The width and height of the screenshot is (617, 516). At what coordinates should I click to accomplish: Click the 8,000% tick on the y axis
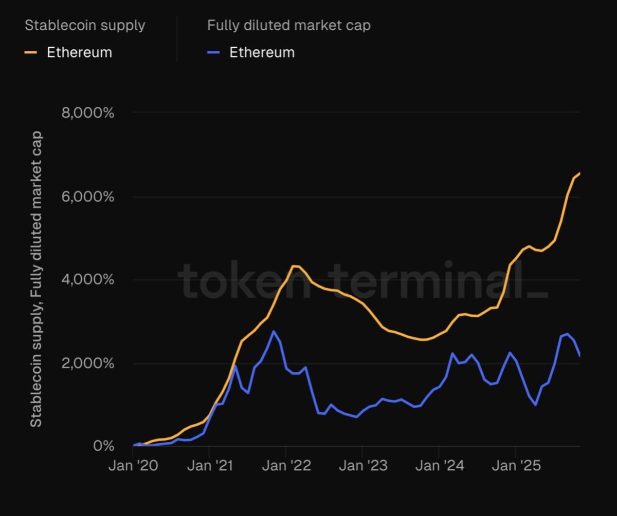click(87, 112)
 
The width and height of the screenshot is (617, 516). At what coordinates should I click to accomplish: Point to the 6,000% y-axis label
click(87, 197)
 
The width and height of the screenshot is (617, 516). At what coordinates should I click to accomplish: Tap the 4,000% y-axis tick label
click(87, 280)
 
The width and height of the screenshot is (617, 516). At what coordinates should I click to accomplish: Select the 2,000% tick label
click(87, 364)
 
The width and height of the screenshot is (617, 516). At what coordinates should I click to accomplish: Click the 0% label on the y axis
click(103, 446)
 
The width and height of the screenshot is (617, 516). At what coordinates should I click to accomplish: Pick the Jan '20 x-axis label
click(133, 466)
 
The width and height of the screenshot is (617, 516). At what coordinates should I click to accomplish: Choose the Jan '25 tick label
click(515, 466)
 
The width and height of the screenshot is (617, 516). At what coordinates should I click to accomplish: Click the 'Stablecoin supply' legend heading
click(85, 25)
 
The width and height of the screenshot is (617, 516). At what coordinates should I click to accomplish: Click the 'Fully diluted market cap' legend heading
click(288, 25)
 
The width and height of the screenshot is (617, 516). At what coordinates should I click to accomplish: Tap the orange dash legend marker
click(31, 52)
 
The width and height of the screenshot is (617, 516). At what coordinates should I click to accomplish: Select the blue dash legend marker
click(213, 52)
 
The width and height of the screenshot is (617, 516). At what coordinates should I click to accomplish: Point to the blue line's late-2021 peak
click(273, 331)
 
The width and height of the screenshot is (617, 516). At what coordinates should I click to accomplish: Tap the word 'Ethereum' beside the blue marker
click(262, 52)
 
